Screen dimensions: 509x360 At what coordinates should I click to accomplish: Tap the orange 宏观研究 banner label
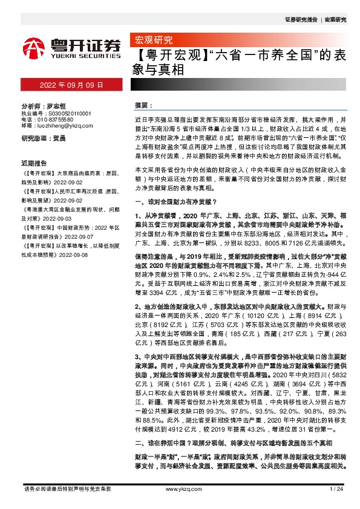tap(151, 41)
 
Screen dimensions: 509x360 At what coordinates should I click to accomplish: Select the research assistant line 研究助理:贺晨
tap(44, 138)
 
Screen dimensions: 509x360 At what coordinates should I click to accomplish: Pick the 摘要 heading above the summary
tap(142, 106)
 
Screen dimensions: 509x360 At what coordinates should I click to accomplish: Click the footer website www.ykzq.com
tap(180, 488)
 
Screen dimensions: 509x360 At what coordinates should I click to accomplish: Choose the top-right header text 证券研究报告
tap(301, 20)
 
